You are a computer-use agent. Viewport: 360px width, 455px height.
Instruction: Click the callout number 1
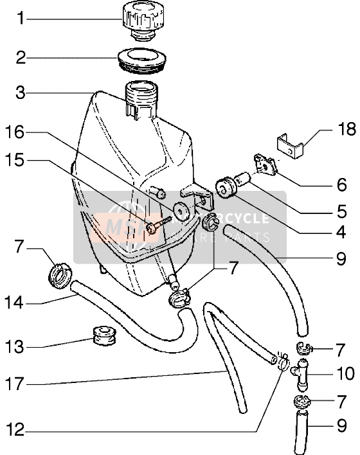pyautogui.click(x=20, y=19)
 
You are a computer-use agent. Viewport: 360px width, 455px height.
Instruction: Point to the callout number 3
pyautogui.click(x=20, y=94)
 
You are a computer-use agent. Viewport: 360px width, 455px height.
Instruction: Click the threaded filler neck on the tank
pyautogui.click(x=141, y=97)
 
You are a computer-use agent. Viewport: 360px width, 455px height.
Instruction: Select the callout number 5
pyautogui.click(x=341, y=210)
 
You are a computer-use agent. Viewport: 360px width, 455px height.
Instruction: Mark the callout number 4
pyautogui.click(x=341, y=233)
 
